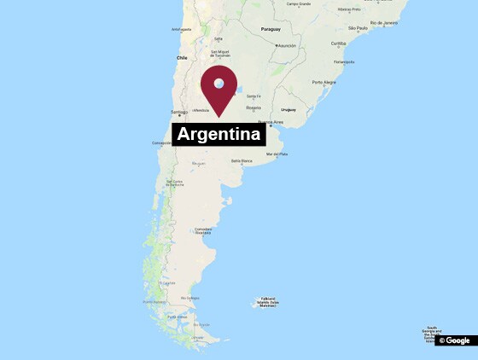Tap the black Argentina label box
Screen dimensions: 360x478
click(x=219, y=135)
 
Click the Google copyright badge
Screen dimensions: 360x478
click(x=455, y=340)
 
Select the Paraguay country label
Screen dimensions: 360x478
click(x=270, y=27)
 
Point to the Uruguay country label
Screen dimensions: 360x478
click(x=287, y=110)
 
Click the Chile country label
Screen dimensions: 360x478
click(x=181, y=58)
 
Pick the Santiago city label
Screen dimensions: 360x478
click(x=178, y=113)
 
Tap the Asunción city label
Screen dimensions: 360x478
click(x=287, y=45)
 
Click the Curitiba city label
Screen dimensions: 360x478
click(x=339, y=44)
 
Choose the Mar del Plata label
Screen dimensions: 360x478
click(x=277, y=154)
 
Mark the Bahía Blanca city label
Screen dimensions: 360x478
click(x=242, y=160)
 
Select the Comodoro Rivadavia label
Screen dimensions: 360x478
click(x=203, y=230)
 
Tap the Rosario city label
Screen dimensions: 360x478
click(x=253, y=108)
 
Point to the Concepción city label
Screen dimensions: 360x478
click(x=162, y=143)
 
